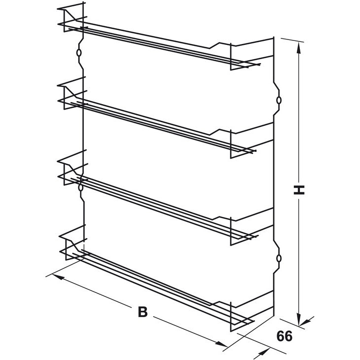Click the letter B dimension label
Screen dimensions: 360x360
(143, 312)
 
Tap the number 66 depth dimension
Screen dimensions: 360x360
(285, 337)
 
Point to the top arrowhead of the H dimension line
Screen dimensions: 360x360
(298, 45)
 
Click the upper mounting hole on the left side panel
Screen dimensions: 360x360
(79, 52)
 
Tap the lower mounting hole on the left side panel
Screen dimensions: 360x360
(80, 186)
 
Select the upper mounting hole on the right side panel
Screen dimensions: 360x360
(279, 100)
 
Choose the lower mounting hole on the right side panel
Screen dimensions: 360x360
(279, 258)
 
